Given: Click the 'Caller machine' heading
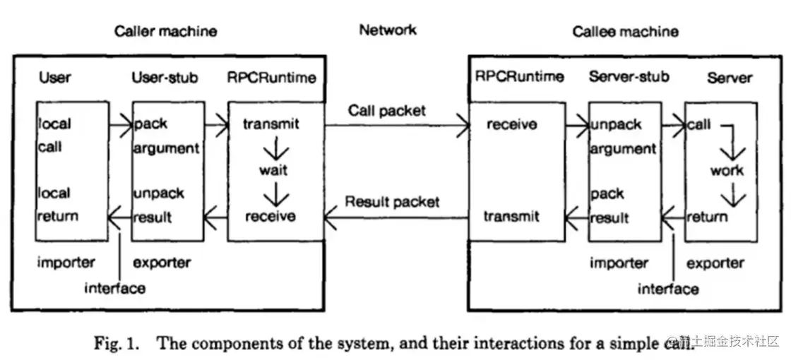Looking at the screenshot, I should tap(165, 31).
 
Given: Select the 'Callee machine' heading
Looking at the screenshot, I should tap(625, 31).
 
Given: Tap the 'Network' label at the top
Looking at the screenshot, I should tap(388, 30).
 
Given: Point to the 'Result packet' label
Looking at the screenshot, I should tap(392, 202).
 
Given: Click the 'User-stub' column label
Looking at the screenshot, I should tap(165, 77).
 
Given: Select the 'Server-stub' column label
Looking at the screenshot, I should tap(629, 77).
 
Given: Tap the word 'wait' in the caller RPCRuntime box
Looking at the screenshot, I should tap(273, 170).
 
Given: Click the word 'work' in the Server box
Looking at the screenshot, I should tap(727, 170).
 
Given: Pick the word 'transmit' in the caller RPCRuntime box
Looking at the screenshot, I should tap(270, 125).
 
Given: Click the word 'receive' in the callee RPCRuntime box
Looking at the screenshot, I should tap(511, 125).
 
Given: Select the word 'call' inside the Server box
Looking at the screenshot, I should tap(699, 125).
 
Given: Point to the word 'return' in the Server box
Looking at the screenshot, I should tap(707, 216).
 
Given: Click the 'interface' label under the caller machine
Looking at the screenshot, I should tap(114, 288).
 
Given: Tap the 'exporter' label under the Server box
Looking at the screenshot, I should tap(715, 263).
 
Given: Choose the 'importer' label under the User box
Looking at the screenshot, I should tap(66, 263).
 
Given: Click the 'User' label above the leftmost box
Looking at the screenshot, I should tap(55, 77).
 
